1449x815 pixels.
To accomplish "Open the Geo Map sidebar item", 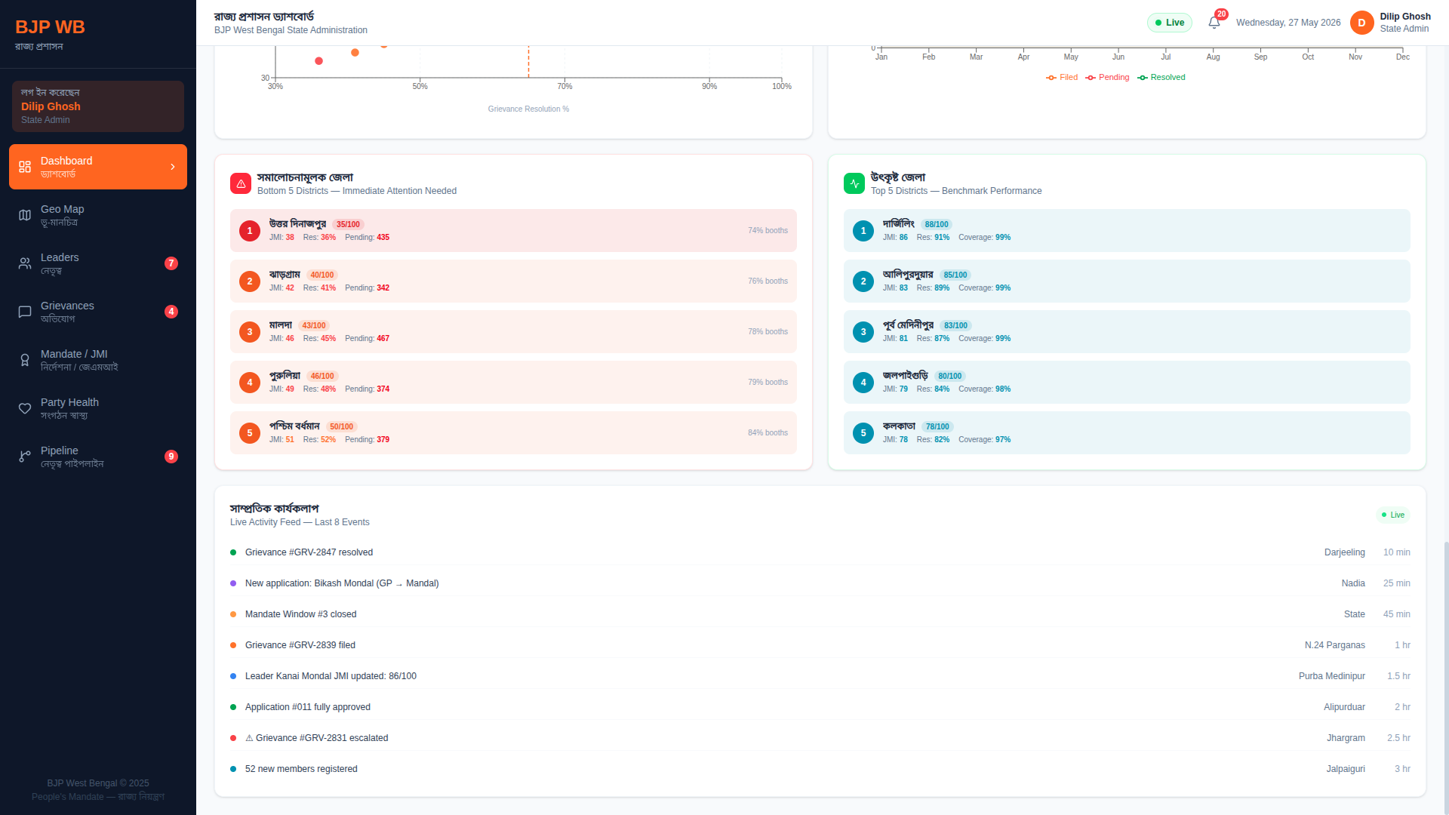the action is click(x=98, y=215).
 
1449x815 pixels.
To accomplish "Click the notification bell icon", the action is click(x=1214, y=23).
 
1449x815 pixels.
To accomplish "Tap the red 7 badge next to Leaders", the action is click(x=171, y=263).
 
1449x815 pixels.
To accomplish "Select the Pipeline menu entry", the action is click(x=98, y=457).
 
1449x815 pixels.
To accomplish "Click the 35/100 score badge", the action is click(x=348, y=224).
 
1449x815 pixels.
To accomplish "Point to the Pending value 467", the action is click(x=383, y=338).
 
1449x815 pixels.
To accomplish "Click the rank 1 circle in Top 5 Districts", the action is click(x=863, y=231).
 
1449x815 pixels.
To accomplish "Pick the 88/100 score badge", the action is click(x=937, y=224).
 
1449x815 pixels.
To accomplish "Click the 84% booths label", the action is click(x=768, y=432).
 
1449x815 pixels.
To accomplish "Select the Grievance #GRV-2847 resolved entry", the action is click(x=309, y=552).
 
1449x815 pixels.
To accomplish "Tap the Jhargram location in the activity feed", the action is click(x=1346, y=738).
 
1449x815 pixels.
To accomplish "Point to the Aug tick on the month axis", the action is click(x=1213, y=57).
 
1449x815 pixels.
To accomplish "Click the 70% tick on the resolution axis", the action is click(x=565, y=86).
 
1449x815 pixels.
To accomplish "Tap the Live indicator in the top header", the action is click(x=1170, y=23).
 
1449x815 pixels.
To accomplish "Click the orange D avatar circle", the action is click(x=1361, y=23).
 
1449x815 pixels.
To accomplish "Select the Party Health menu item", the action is click(x=98, y=408).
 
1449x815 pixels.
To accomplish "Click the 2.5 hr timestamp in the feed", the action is click(x=1398, y=738).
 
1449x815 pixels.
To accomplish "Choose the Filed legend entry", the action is click(x=1062, y=77).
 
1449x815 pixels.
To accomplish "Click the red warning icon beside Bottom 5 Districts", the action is click(x=241, y=183).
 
